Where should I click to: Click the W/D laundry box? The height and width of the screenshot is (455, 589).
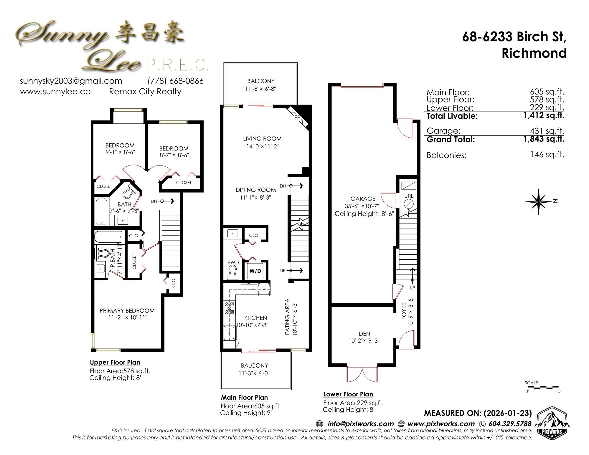point(255,271)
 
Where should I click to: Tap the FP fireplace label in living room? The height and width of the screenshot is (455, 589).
point(297,118)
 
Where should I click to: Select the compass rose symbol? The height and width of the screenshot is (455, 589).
point(538,201)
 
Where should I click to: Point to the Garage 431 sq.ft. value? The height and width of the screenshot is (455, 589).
point(547,130)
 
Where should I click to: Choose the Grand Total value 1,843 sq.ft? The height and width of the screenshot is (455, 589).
point(544,139)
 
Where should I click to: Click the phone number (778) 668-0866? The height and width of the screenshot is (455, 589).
point(176,81)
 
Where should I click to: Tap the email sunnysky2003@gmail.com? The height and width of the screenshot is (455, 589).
point(71,81)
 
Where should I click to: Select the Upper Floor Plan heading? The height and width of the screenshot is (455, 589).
point(115,362)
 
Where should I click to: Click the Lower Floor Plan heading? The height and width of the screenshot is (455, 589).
point(348,394)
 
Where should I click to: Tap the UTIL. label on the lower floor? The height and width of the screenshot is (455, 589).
point(409,196)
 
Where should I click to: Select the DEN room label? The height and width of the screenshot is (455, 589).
point(364,334)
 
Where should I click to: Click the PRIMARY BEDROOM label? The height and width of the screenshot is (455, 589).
point(127,311)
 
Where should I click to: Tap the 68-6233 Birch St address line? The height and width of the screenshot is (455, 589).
point(514,37)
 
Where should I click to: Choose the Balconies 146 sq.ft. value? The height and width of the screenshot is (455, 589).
point(547,155)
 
